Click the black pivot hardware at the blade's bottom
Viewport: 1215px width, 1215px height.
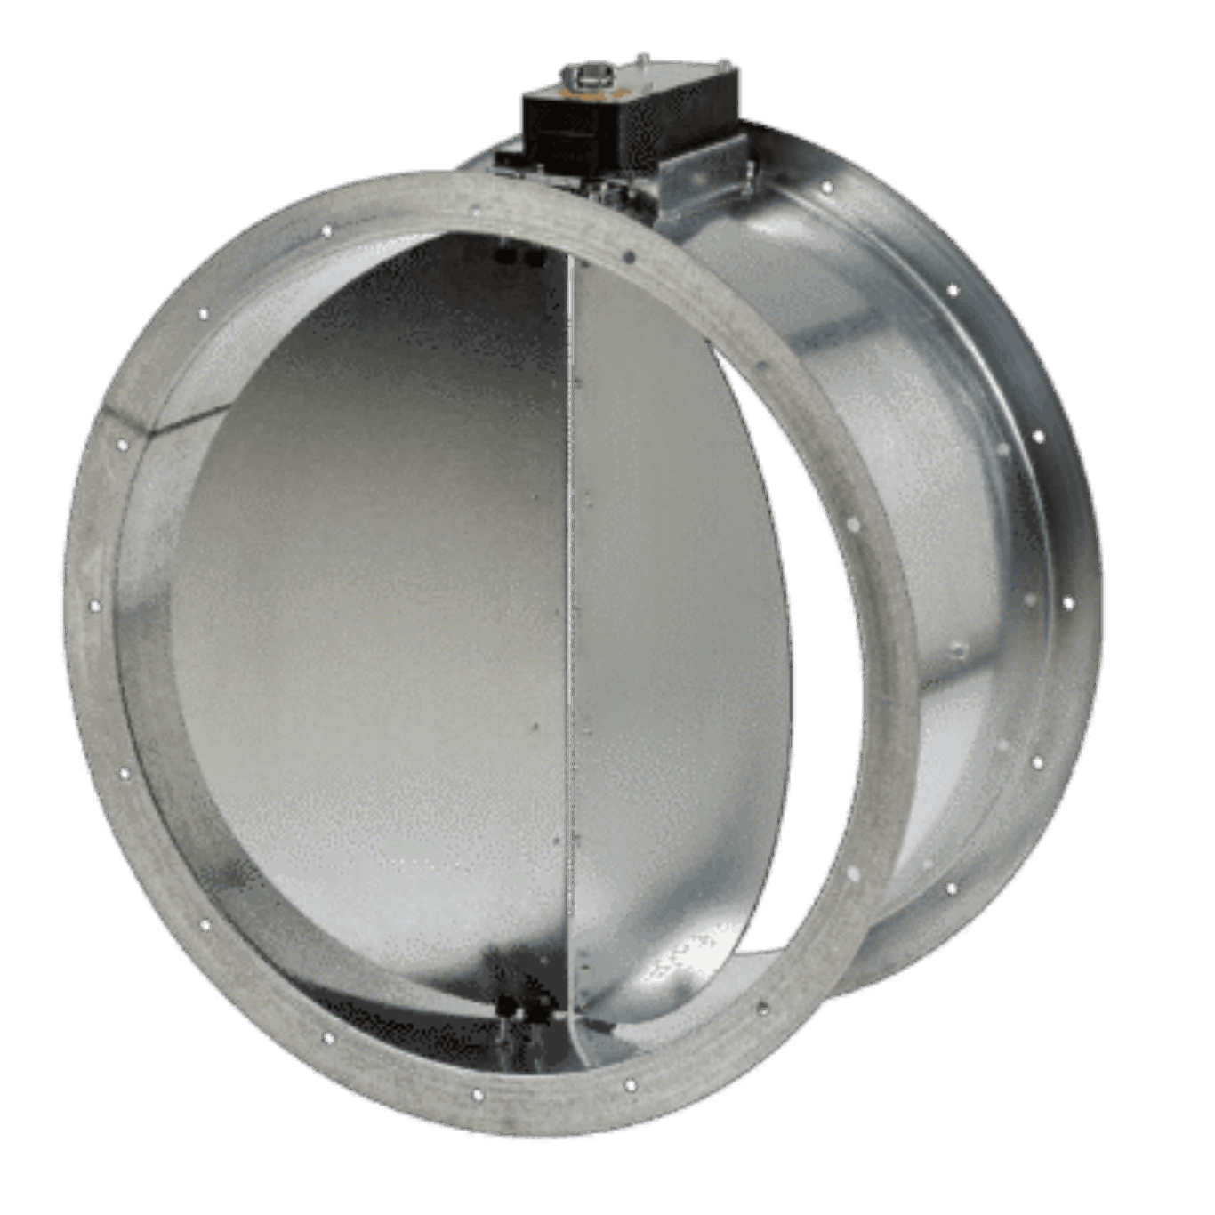coord(520,1010)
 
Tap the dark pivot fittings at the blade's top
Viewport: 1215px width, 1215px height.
coord(519,256)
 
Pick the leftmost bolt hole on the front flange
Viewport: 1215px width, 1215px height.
coord(95,607)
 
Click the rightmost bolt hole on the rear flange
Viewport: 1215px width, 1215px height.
coord(1069,603)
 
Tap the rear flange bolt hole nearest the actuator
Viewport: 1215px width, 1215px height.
coord(827,188)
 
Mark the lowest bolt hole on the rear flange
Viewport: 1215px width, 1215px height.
coord(951,888)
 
